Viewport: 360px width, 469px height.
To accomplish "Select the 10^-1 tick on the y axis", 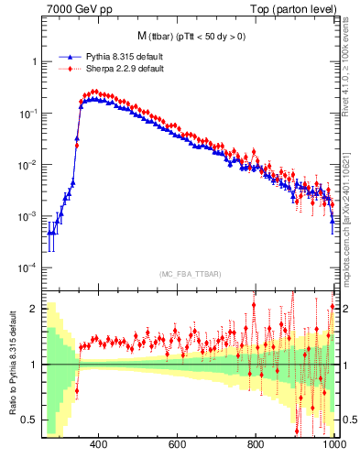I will pyautogui.click(x=28, y=113).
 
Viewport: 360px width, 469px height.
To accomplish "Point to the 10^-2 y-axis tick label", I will pyautogui.click(x=28, y=165).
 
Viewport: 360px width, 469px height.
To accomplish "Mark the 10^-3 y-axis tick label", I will pyautogui.click(x=28, y=216).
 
